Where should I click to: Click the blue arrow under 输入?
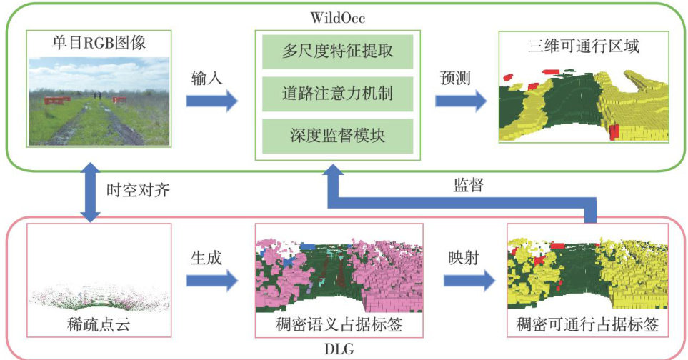click(x=211, y=101)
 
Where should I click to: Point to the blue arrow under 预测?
click(x=461, y=101)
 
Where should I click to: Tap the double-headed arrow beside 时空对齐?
click(x=92, y=191)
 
